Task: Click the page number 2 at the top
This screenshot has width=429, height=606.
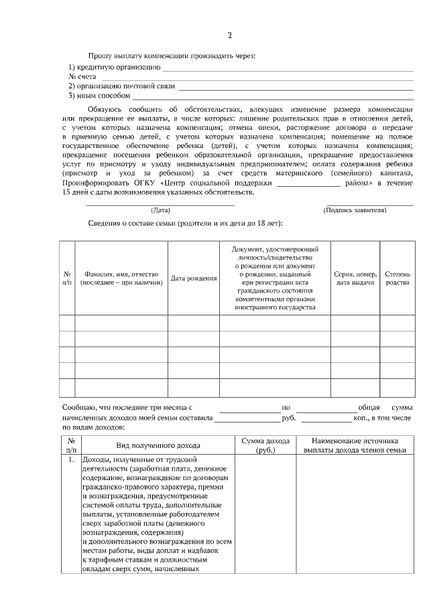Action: [229, 35]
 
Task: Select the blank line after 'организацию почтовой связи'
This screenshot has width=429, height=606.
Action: [295, 87]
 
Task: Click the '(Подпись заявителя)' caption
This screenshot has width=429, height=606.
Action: [355, 210]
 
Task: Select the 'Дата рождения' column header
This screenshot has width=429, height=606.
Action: [194, 279]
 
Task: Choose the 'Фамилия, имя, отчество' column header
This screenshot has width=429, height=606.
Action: [121, 279]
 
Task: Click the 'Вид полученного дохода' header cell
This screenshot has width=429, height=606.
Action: [158, 445]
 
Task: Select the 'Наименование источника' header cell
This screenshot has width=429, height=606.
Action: [355, 445]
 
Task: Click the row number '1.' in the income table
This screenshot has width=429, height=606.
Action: [70, 461]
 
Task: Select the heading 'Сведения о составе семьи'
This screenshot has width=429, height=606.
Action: [185, 223]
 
